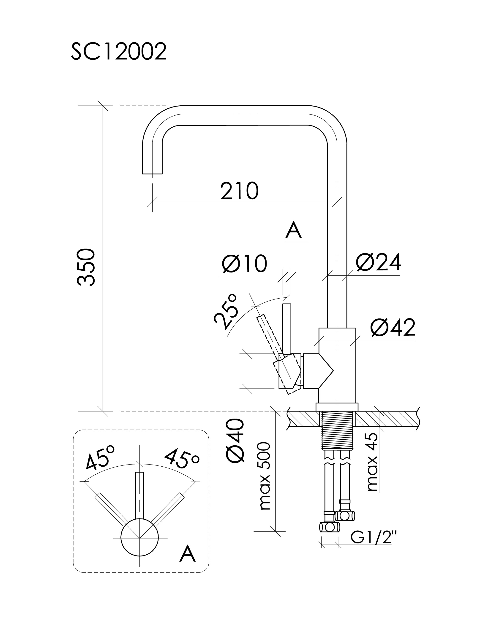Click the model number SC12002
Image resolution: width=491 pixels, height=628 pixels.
point(119,52)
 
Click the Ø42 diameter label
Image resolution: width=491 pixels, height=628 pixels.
point(393,328)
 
